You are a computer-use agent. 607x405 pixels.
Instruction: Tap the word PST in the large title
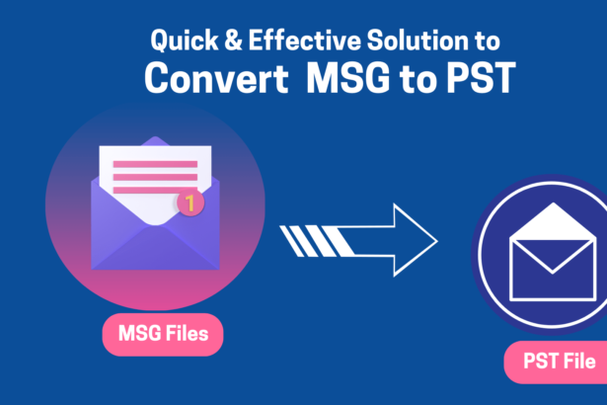pos(478,79)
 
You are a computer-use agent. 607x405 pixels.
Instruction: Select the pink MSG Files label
pos(163,335)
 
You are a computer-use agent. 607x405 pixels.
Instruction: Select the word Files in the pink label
pos(187,335)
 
